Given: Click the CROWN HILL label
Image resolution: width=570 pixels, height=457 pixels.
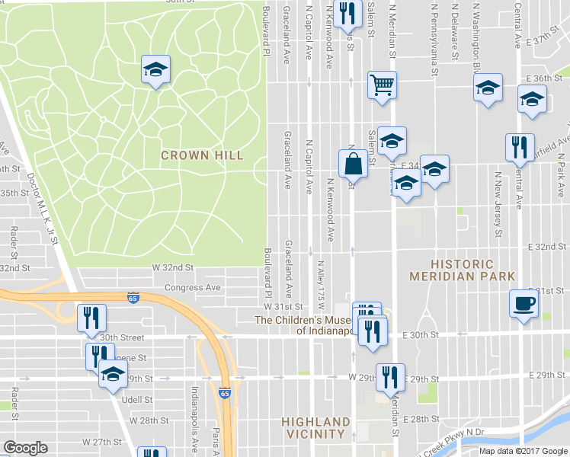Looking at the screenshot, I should pos(202,155).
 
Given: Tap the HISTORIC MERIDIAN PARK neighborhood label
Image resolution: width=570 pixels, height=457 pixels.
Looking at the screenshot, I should pos(462,270).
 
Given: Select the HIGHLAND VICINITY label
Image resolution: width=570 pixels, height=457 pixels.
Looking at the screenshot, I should pos(315,427).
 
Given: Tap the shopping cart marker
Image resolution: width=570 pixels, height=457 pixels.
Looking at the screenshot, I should pos(382,85).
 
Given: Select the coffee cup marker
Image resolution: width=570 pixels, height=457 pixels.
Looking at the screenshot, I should pos(523,302).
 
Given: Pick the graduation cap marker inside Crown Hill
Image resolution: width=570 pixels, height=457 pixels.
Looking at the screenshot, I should pos(155,70).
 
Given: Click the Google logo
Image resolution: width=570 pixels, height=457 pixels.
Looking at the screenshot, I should pos(25,448).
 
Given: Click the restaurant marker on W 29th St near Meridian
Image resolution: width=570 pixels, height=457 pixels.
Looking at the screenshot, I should pos(389,376).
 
